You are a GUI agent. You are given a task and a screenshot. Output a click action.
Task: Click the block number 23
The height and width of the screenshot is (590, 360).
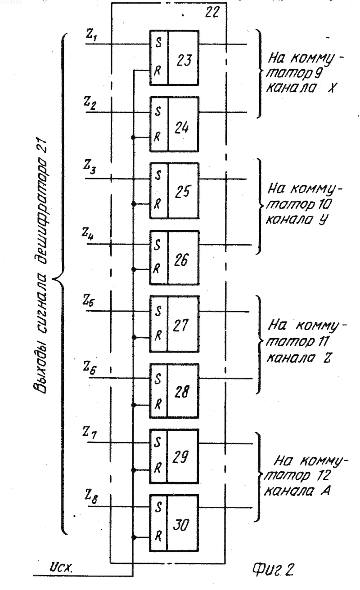pos(184,60)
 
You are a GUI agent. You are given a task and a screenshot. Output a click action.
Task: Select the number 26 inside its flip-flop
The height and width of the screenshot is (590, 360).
pos(181,260)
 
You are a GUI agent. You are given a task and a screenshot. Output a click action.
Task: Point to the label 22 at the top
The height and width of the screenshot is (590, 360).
pos(212,12)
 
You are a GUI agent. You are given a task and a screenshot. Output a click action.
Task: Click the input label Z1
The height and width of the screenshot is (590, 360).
pos(91,36)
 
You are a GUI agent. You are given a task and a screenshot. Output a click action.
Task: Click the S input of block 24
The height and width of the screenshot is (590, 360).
pos(158,112)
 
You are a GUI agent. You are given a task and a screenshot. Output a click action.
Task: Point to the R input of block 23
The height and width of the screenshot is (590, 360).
pos(157,71)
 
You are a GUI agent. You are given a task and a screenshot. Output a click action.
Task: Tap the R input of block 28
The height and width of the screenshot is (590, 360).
pos(158,405)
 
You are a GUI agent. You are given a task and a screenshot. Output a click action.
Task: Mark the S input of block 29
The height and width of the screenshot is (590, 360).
pos(157,442)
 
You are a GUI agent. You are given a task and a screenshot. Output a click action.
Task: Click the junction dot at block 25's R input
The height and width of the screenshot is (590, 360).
pos(134,204)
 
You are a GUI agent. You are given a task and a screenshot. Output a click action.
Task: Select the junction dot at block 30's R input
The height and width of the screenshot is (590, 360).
pos(134,537)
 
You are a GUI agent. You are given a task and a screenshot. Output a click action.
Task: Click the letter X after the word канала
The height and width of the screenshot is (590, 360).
pos(331,88)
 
